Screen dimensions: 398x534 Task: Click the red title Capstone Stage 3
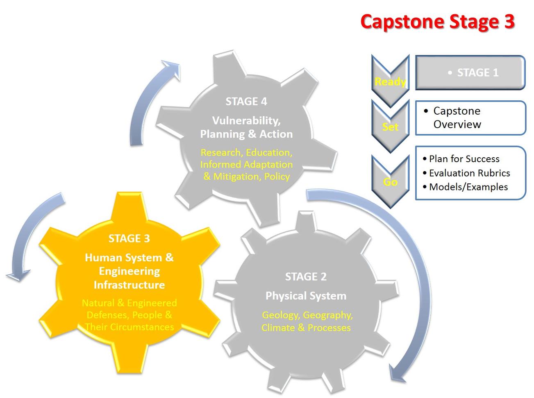pyautogui.click(x=437, y=22)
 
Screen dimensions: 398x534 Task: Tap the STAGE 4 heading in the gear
pyautogui.click(x=246, y=101)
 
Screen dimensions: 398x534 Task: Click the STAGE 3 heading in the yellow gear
pyautogui.click(x=129, y=238)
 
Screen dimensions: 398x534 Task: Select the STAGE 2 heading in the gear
pyautogui.click(x=306, y=277)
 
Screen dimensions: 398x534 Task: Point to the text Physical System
pyautogui.click(x=306, y=296)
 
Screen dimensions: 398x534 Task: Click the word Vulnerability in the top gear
pyautogui.click(x=246, y=120)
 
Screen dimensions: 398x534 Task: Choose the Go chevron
pyautogui.click(x=390, y=181)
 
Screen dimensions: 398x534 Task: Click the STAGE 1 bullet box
pyautogui.click(x=470, y=73)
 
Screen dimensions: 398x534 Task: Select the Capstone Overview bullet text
pyautogui.click(x=457, y=118)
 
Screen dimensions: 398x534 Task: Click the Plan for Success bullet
pyautogui.click(x=464, y=159)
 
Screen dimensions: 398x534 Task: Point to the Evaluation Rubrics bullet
pyautogui.click(x=469, y=173)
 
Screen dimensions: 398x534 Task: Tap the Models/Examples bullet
pyautogui.click(x=468, y=187)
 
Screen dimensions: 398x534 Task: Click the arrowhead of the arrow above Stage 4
pyautogui.click(x=172, y=68)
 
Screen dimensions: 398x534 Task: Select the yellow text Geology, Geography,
pyautogui.click(x=307, y=315)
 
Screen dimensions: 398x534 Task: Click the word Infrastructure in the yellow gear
pyautogui.click(x=129, y=285)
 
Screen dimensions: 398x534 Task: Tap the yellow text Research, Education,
pyautogui.click(x=246, y=152)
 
